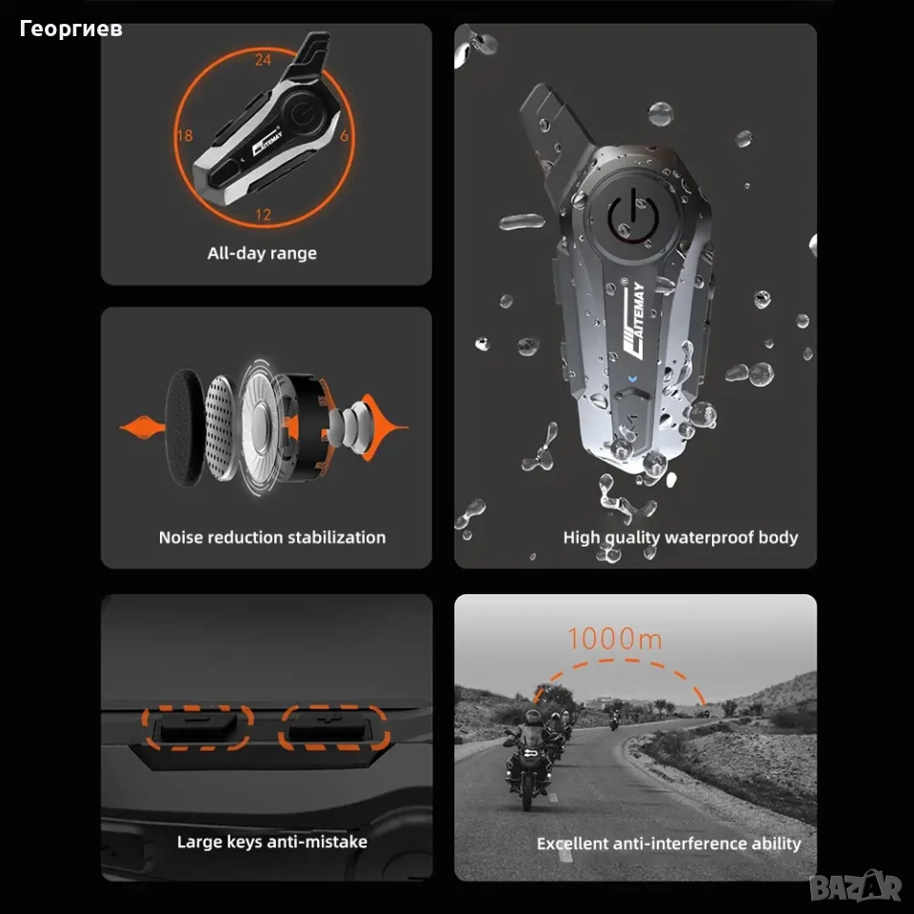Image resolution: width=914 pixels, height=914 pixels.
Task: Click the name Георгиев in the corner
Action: click(71, 29)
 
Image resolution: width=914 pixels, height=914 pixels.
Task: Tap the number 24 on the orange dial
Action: click(263, 59)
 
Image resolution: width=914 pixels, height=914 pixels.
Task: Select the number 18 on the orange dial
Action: click(185, 136)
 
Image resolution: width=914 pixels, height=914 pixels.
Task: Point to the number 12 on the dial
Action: click(264, 214)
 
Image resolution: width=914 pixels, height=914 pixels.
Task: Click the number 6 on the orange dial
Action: click(344, 136)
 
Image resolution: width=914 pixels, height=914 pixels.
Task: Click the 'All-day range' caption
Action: click(263, 253)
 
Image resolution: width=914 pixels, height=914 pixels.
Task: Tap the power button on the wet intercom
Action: click(633, 215)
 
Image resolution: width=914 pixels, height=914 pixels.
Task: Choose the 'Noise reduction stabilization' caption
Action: click(272, 537)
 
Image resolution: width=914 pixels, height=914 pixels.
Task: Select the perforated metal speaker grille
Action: click(220, 427)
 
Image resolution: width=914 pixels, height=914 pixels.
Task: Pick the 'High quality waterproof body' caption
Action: click(680, 537)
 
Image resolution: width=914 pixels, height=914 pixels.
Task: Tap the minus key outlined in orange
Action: click(198, 728)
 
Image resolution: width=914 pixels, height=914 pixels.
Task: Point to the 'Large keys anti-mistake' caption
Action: click(272, 842)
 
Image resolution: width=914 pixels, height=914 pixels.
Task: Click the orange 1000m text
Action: click(615, 638)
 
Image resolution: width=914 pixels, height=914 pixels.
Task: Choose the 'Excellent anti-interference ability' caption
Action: click(668, 844)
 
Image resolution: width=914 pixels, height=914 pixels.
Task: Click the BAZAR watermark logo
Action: click(855, 886)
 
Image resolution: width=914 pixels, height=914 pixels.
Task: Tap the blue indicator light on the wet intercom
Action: click(633, 379)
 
